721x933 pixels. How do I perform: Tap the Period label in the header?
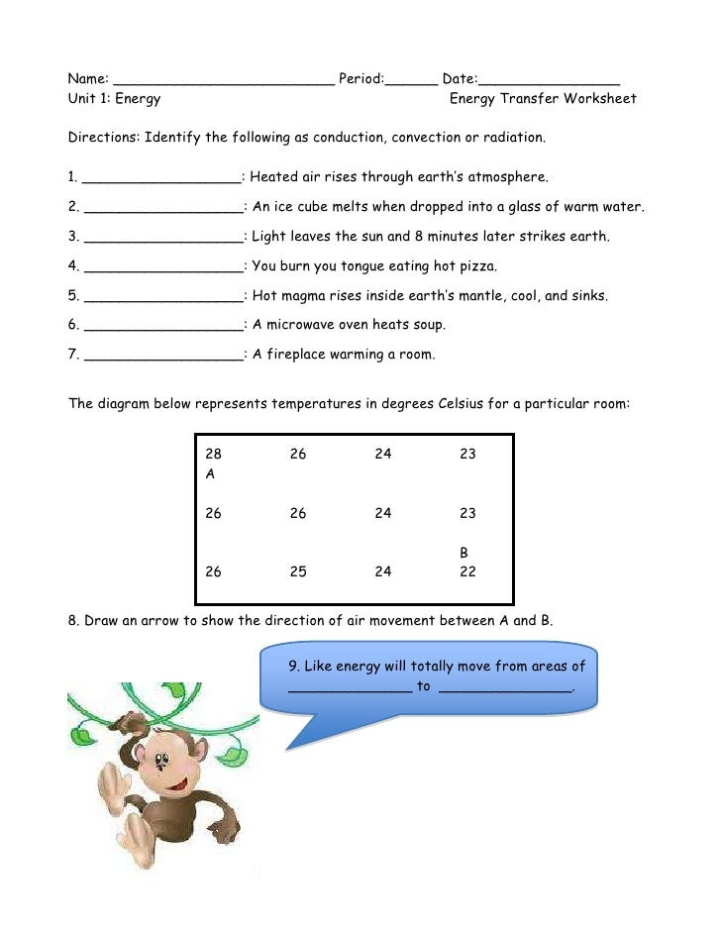click(x=360, y=78)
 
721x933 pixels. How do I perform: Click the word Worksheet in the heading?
click(x=600, y=98)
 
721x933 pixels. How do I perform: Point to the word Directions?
click(x=103, y=137)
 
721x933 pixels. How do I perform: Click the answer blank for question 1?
click(x=161, y=180)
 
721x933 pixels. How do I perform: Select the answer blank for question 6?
click(x=163, y=328)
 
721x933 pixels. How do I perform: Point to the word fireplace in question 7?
click(x=296, y=354)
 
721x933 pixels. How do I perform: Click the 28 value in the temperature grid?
click(x=213, y=454)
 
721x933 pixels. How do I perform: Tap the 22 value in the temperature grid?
click(x=467, y=571)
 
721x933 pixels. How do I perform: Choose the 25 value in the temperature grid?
click(x=297, y=571)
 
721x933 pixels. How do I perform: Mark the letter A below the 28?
click(x=210, y=474)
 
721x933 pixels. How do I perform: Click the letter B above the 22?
click(x=463, y=552)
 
